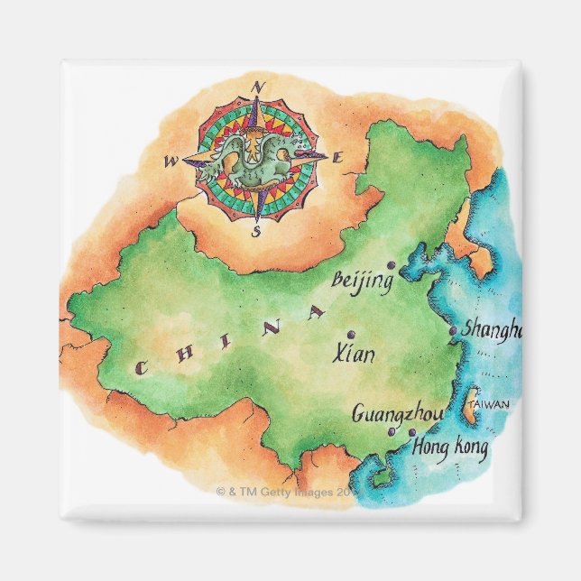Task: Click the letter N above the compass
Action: (x=258, y=88)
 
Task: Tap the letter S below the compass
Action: (x=255, y=231)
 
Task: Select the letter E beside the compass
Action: (x=338, y=159)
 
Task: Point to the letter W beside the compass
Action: (x=171, y=161)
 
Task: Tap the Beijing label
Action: (x=363, y=281)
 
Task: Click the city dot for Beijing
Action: (x=391, y=265)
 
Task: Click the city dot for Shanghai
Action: (x=453, y=331)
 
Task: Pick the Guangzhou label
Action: (x=398, y=414)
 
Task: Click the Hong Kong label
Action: (x=450, y=446)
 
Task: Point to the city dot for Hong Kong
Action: (x=412, y=433)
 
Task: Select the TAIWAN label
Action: (x=491, y=403)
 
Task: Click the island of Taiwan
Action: (x=470, y=409)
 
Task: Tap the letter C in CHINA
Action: (x=141, y=367)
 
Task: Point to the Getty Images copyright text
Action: (x=287, y=492)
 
